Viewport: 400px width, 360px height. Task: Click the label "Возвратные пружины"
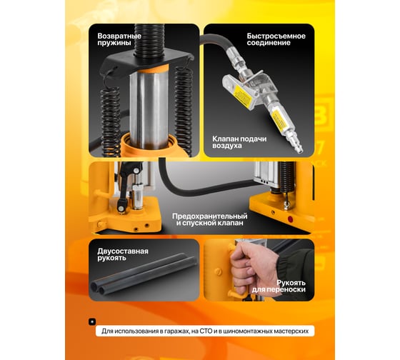click(119, 39)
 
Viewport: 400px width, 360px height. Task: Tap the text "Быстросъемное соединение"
click(276, 39)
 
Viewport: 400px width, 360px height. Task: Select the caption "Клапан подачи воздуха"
click(239, 142)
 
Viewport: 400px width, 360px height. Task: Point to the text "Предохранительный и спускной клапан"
click(210, 219)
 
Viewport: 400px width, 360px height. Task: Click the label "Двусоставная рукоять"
click(123, 254)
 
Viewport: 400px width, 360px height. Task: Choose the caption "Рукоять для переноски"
click(279, 286)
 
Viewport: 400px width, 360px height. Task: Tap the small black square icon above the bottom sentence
click(92, 321)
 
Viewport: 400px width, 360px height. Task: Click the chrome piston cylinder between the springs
click(149, 110)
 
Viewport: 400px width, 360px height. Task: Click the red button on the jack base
click(290, 219)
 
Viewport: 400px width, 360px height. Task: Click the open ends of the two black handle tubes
click(99, 289)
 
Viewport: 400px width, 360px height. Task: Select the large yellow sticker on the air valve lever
click(241, 96)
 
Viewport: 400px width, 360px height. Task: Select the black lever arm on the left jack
click(124, 185)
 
